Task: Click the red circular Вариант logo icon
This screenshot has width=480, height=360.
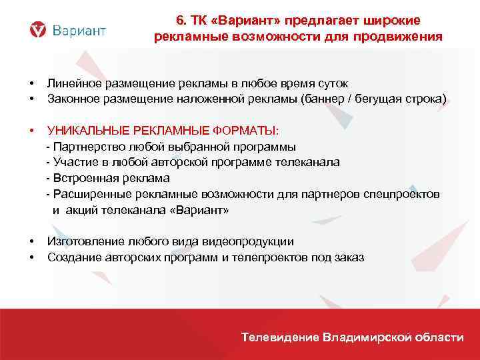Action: pyautogui.click(x=39, y=29)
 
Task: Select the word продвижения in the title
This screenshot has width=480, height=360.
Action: pyautogui.click(x=403, y=36)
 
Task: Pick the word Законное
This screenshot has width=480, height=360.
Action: pyautogui.click(x=72, y=99)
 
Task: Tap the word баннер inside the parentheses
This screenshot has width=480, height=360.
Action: pyautogui.click(x=327, y=99)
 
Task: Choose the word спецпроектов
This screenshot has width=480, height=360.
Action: pyautogui.click(x=402, y=194)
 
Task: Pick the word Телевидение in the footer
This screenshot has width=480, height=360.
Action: pyautogui.click(x=281, y=337)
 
